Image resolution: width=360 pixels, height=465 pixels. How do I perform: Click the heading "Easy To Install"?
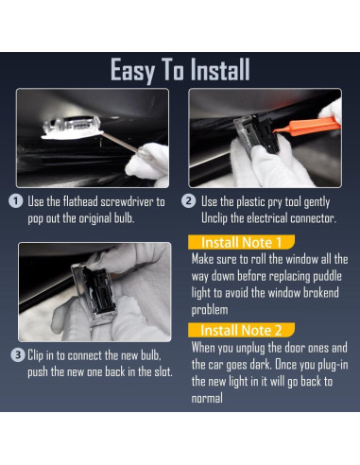(x=180, y=70)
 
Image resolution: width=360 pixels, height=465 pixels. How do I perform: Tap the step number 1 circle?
(x=16, y=201)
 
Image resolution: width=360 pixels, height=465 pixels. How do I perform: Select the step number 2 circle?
(x=189, y=201)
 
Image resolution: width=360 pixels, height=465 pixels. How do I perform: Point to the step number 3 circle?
(x=18, y=355)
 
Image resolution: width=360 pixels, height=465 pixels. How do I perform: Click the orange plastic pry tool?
(x=307, y=127)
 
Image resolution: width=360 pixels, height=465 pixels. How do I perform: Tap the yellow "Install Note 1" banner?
(x=241, y=242)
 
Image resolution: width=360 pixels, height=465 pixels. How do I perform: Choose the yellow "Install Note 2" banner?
(x=241, y=330)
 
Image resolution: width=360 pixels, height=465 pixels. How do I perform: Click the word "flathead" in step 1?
(x=80, y=201)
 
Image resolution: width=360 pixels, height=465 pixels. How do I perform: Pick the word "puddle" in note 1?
(x=327, y=276)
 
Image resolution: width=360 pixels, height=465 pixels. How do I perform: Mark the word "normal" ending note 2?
(x=207, y=398)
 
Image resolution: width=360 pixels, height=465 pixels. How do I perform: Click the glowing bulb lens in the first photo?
(x=72, y=128)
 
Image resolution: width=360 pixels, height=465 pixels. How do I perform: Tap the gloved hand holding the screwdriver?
(x=148, y=164)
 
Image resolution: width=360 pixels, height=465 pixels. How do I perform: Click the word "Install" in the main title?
(x=220, y=70)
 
